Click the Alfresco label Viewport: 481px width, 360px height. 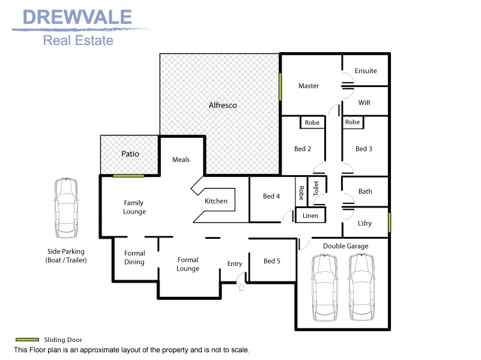tap(222, 106)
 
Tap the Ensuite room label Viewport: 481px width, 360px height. tap(366, 71)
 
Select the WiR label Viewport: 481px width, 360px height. tap(364, 103)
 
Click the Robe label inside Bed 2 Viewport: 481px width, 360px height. tap(312, 122)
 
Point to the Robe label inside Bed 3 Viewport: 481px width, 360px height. tap(352, 122)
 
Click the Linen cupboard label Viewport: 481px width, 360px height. tap(310, 215)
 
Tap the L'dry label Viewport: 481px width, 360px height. tap(365, 223)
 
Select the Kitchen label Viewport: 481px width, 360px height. tap(216, 201)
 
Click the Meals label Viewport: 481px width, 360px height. tap(181, 160)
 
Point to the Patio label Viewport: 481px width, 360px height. tap(130, 154)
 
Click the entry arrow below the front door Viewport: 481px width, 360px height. tap(242, 287)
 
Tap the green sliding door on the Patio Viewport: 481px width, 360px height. tap(129, 175)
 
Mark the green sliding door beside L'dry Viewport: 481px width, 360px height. tap(389, 221)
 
